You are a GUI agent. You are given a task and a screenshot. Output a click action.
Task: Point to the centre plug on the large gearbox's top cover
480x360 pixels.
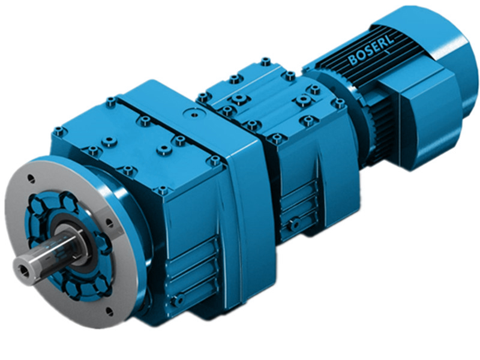[193, 112]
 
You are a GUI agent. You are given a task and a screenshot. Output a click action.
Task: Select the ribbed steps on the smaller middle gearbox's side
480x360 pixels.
[297, 201]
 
